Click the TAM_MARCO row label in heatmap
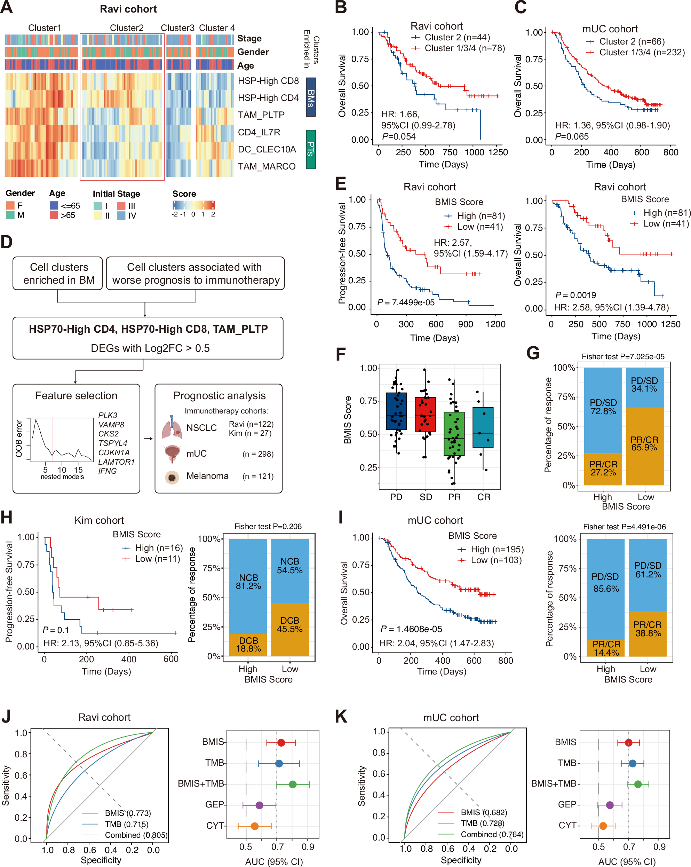point(267,166)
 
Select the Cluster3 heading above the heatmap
point(177,28)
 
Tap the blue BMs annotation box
point(310,97)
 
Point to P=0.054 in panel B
point(398,137)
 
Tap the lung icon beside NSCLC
point(172,428)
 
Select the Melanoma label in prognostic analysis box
point(207,476)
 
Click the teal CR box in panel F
point(483,427)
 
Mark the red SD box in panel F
point(425,414)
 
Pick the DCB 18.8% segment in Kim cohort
point(248,645)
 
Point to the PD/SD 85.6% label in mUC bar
point(605,582)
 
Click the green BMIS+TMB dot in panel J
point(293,784)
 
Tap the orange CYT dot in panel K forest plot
point(603,826)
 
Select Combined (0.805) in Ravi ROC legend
point(135,835)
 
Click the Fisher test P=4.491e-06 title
point(624,527)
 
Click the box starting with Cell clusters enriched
point(58,274)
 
